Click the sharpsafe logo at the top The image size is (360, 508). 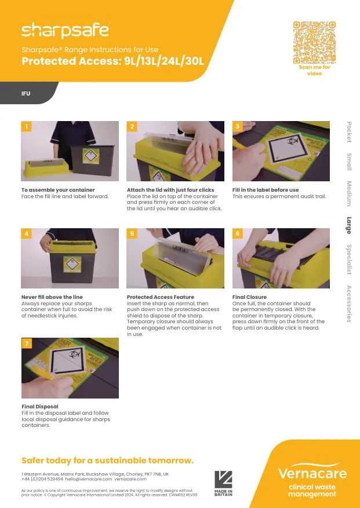tap(65, 30)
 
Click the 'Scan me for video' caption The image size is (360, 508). tap(314, 71)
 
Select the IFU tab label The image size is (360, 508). tap(26, 93)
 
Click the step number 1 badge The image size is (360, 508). tap(26, 126)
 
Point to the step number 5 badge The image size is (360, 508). tap(132, 233)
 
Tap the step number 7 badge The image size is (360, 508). tap(26, 343)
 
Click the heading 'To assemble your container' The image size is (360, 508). tap(58, 190)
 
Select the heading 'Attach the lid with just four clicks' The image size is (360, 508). tap(170, 190)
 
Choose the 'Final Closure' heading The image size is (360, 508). tap(249, 297)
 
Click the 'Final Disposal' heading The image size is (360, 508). tap(40, 407)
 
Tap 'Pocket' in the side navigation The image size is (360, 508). tap(349, 131)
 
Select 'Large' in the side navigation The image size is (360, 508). tap(349, 225)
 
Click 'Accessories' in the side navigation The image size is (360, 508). tap(349, 304)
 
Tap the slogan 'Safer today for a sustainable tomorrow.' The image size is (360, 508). tap(107, 461)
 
